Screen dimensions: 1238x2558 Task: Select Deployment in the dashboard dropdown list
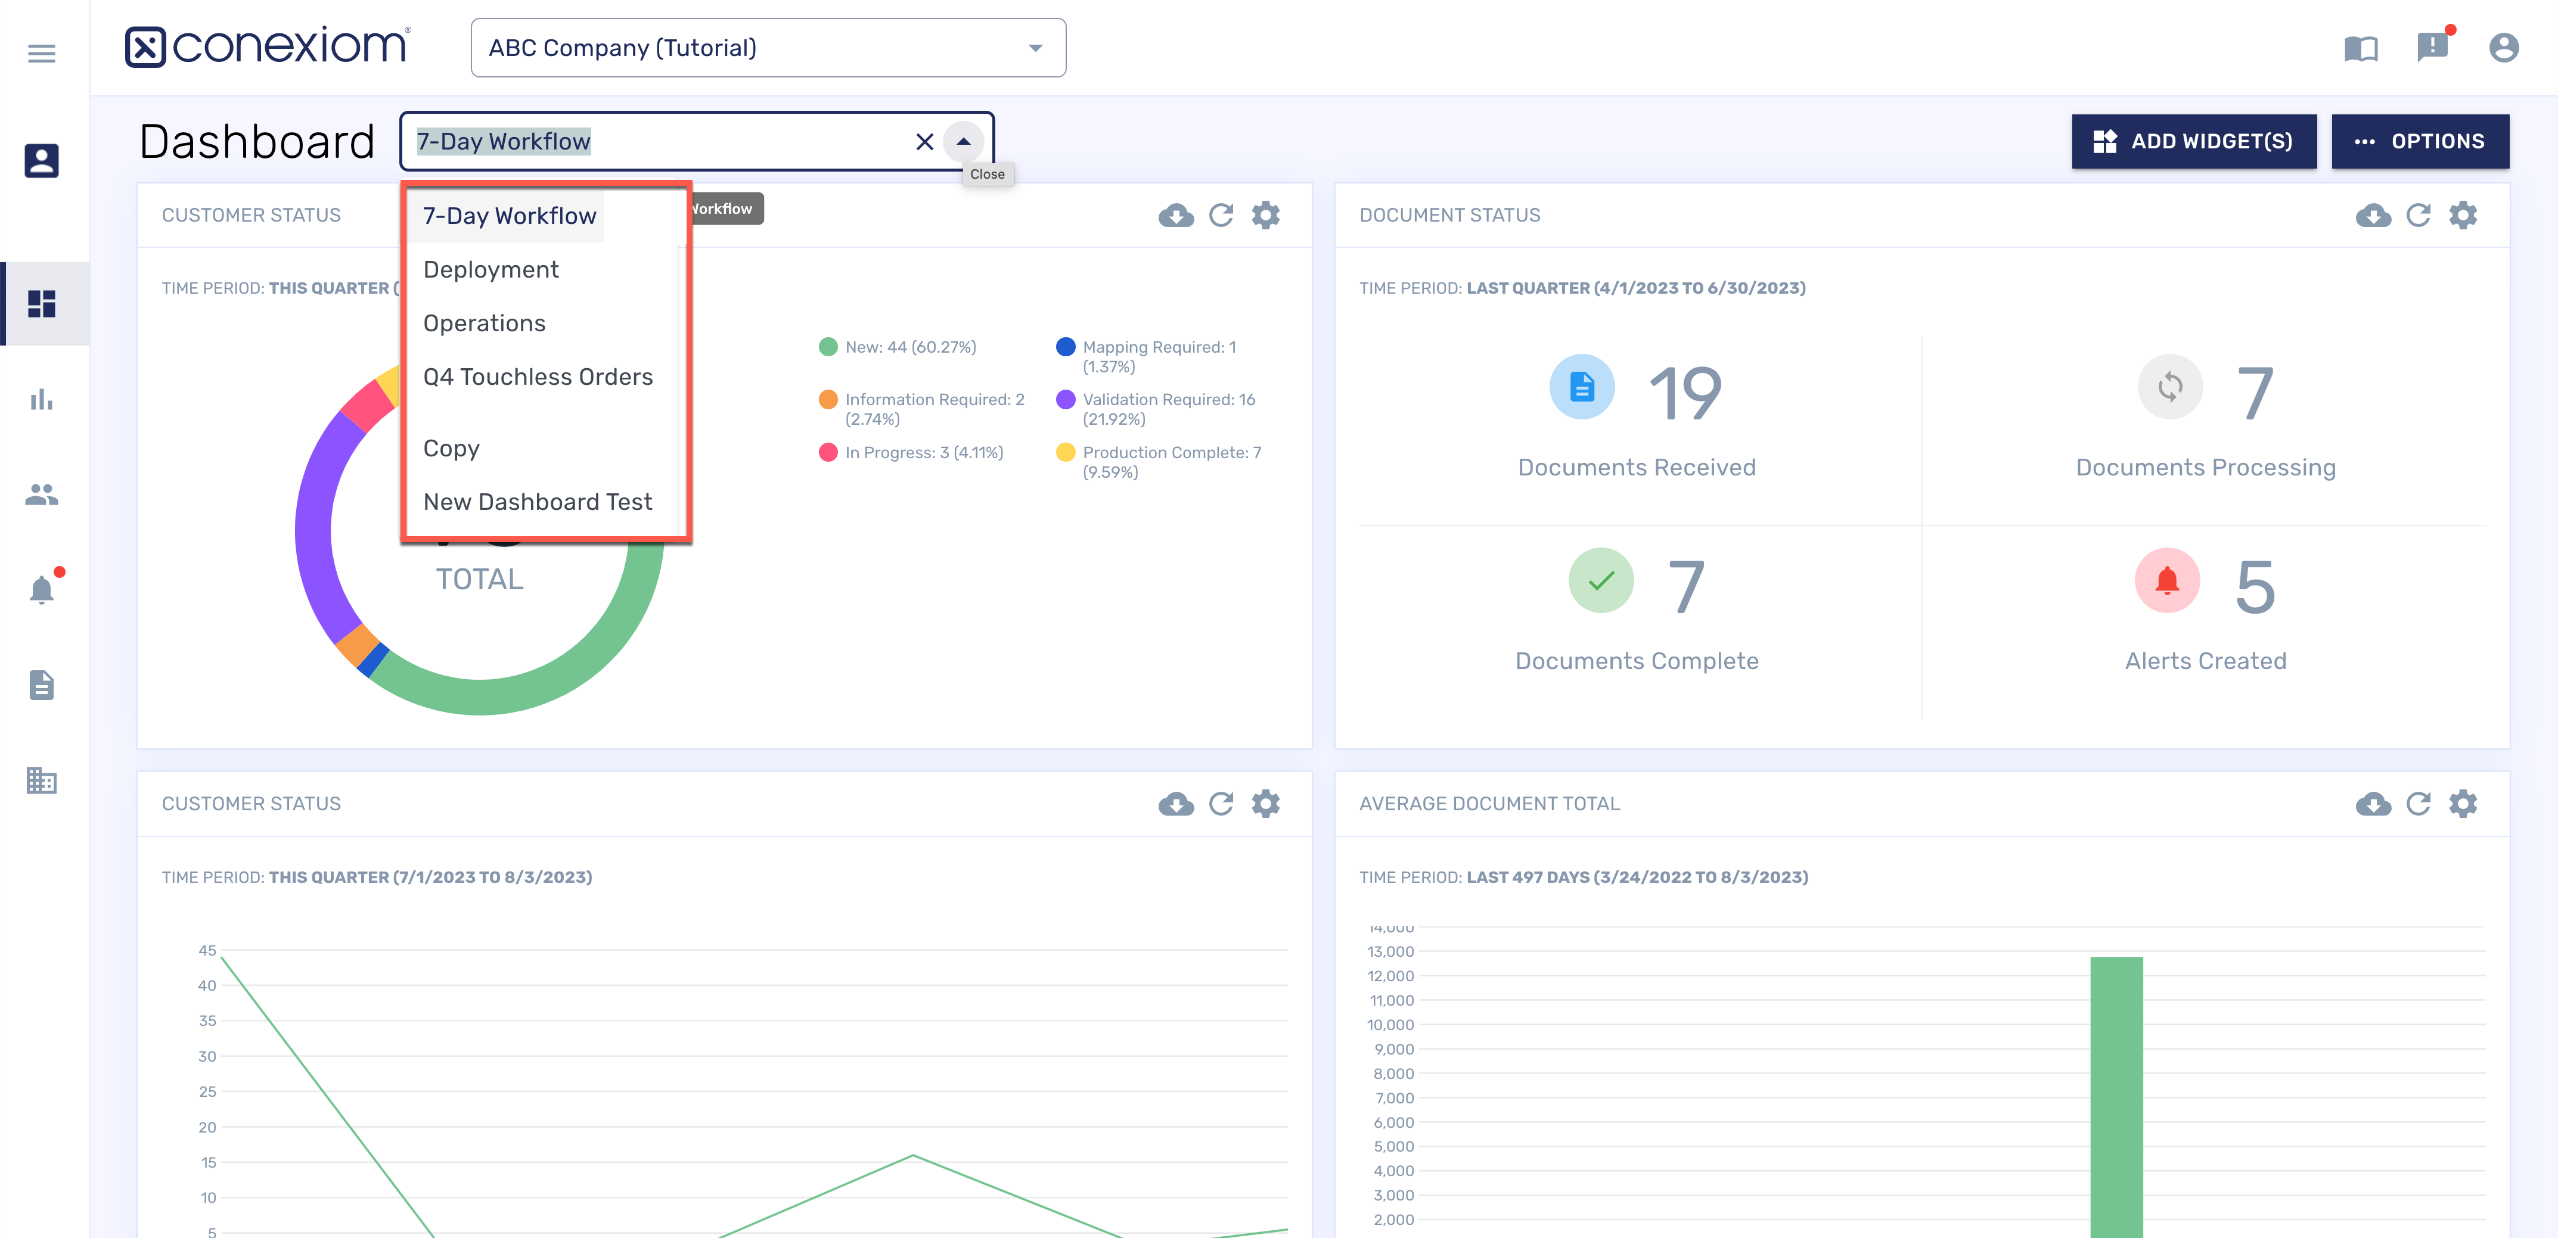[x=491, y=269]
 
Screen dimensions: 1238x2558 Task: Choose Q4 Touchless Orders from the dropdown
[x=537, y=377]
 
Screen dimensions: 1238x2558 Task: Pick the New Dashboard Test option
[x=537, y=502]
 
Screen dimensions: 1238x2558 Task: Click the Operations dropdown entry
[x=483, y=323]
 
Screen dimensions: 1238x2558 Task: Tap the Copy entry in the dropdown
[x=451, y=448]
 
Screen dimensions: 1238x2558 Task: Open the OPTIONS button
[x=2419, y=141]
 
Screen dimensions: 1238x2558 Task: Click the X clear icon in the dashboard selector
[x=924, y=142]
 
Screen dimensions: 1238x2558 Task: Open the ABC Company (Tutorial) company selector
[x=768, y=48]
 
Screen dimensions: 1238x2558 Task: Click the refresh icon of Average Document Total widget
[x=2418, y=803]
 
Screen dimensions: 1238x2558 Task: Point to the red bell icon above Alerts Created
[x=2167, y=581]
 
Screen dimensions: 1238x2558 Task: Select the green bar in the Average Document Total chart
[x=2116, y=1092]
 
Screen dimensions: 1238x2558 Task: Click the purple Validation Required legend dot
[x=1066, y=399]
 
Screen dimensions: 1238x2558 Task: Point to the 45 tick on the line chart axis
[x=207, y=950]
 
